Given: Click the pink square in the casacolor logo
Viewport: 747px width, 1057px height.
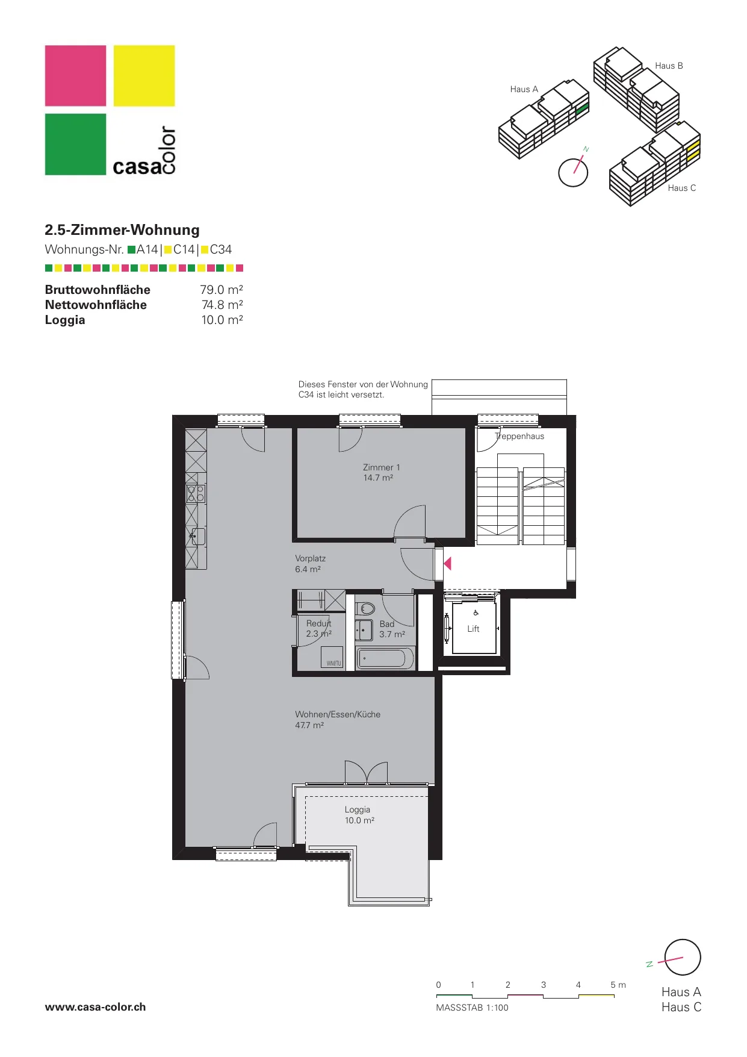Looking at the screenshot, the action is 75,76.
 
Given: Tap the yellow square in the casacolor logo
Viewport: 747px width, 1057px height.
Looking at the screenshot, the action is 144,76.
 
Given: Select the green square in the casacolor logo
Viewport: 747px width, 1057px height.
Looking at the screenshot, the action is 75,145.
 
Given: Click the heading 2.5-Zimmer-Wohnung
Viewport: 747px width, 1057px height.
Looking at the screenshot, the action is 122,230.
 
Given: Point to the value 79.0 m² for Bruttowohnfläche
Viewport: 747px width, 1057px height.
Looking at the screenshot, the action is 222,290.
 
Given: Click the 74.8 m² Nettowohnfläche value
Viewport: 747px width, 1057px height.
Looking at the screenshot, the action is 222,305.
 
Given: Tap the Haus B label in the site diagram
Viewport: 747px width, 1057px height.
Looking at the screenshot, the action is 669,66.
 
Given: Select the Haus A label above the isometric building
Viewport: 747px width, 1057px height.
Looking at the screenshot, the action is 524,89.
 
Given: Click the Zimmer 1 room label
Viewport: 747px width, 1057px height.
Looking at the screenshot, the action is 381,472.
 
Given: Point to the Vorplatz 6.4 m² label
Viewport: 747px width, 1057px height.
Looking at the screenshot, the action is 310,564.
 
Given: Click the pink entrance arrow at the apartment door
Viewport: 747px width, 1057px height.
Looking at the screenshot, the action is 447,564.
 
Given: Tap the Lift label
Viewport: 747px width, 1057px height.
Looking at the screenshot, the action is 473,629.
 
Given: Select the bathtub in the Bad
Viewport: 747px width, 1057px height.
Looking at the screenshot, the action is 385,658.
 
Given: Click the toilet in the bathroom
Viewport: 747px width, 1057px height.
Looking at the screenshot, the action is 365,608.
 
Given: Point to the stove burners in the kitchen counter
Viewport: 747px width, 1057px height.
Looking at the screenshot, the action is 196,494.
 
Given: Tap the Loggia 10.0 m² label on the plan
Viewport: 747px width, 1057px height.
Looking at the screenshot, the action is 359,815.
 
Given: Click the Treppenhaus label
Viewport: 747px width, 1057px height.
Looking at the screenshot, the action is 519,436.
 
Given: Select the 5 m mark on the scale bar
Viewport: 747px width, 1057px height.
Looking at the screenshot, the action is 618,985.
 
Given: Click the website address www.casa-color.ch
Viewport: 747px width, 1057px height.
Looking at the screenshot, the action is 95,1007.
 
